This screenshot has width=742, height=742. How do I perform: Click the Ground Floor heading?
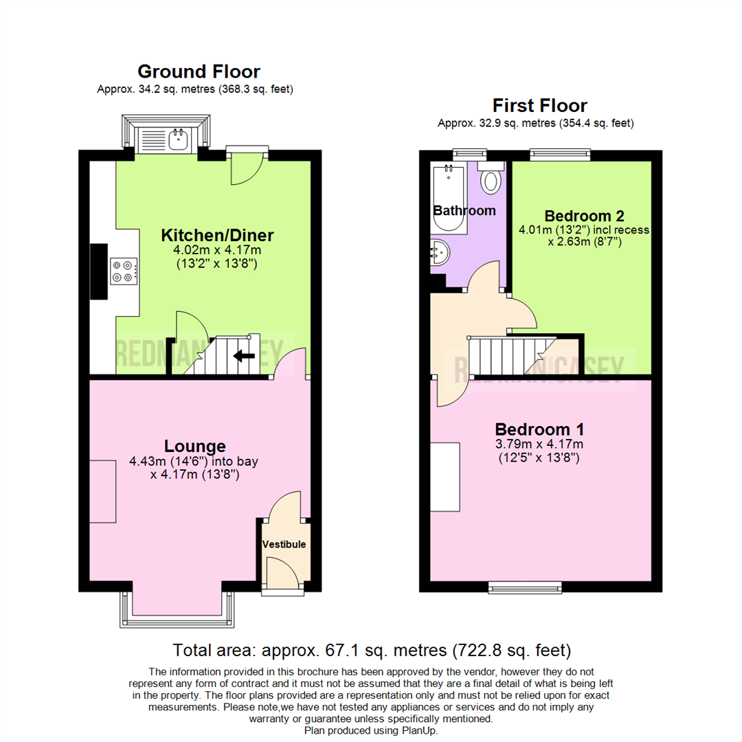[x=199, y=71]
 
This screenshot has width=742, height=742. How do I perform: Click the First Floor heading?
[x=539, y=106]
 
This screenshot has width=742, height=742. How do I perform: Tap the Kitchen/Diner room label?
[x=217, y=236]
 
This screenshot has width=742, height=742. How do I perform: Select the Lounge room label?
[x=194, y=446]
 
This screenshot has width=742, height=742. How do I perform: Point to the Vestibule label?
[x=284, y=544]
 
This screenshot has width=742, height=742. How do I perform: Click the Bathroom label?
[x=464, y=210]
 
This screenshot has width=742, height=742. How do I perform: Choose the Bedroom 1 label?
[x=539, y=429]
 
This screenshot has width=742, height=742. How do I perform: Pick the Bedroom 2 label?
[x=584, y=214]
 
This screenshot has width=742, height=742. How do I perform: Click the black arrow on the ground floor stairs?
[x=244, y=356]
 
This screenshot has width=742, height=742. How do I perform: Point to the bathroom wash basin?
[x=440, y=253]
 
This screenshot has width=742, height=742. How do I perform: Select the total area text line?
[x=371, y=649]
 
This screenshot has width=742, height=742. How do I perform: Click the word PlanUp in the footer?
[x=420, y=730]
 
